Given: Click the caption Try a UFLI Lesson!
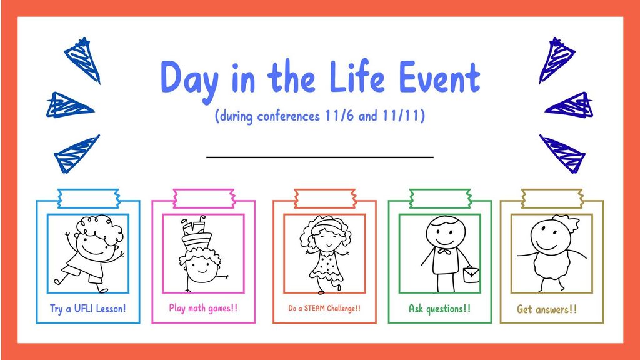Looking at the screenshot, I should (x=88, y=308).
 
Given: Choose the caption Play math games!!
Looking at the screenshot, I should (x=203, y=308).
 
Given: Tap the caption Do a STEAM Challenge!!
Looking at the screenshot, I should (x=324, y=308).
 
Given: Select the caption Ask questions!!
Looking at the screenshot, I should (x=439, y=308).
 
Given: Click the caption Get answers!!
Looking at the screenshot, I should (x=547, y=309).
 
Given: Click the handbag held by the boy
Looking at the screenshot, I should (x=471, y=274).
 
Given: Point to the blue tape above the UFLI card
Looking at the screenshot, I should (x=88, y=198).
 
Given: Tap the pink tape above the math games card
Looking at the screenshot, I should (x=203, y=198).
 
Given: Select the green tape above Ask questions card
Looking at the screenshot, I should (x=439, y=198).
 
